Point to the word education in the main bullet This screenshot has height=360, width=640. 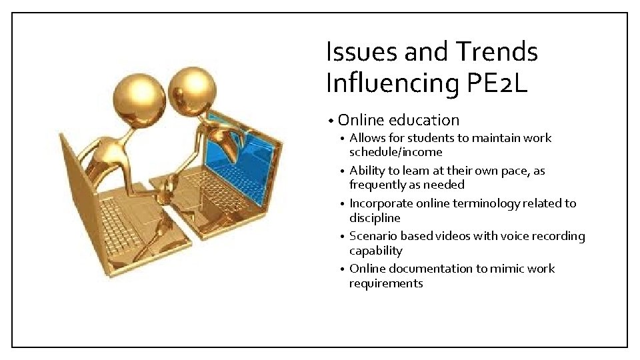click(424, 121)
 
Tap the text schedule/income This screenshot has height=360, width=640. click(395, 152)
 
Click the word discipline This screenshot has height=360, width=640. click(375, 218)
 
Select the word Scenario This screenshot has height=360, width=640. click(374, 236)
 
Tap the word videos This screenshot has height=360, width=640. click(450, 236)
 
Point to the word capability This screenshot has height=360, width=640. click(376, 251)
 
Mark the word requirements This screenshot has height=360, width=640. click(386, 283)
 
